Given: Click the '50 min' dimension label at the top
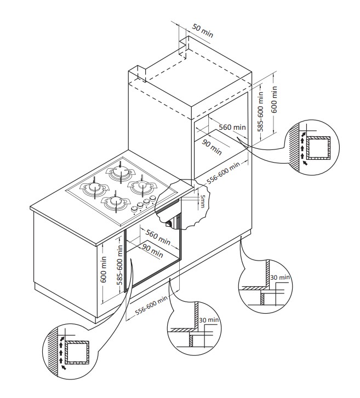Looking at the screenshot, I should (203, 31).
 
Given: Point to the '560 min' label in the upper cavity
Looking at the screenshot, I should (232, 127).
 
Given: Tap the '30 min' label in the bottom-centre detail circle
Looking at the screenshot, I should (209, 320).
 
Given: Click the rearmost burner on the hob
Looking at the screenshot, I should (119, 172).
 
